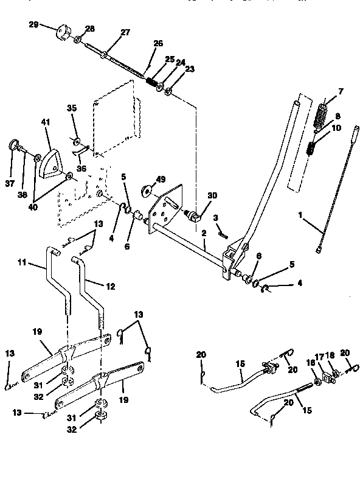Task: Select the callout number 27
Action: coord(125,33)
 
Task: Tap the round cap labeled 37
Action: coord(12,145)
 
